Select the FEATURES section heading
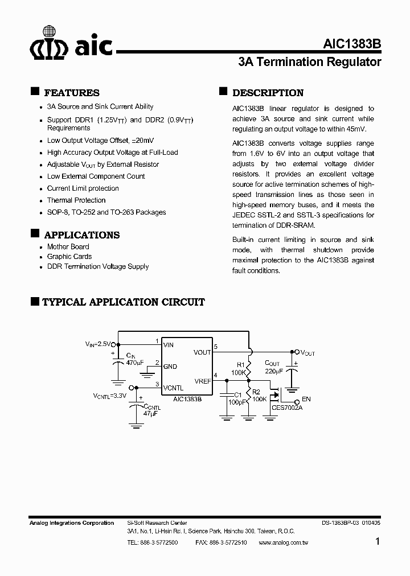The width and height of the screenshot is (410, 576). coord(71,93)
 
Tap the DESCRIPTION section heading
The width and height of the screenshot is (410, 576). coord(268,93)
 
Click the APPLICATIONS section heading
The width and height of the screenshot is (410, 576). coord(81,235)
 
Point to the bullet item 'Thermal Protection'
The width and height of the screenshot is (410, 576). coord(76,200)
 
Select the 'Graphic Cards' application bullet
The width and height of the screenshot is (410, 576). coord(69,257)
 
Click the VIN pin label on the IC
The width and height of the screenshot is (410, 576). coord(169,345)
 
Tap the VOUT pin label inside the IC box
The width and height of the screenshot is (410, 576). coord(202,352)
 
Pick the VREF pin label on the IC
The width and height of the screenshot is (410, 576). coord(202,381)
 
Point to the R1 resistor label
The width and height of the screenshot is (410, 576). coord(240,365)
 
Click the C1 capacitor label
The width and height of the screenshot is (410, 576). coord(238,394)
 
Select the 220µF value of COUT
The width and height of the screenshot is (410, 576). coord(274,371)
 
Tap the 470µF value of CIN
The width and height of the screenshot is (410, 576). coord(135,362)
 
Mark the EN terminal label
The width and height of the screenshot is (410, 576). coord(306,400)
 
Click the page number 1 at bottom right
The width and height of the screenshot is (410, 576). coord(378,542)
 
